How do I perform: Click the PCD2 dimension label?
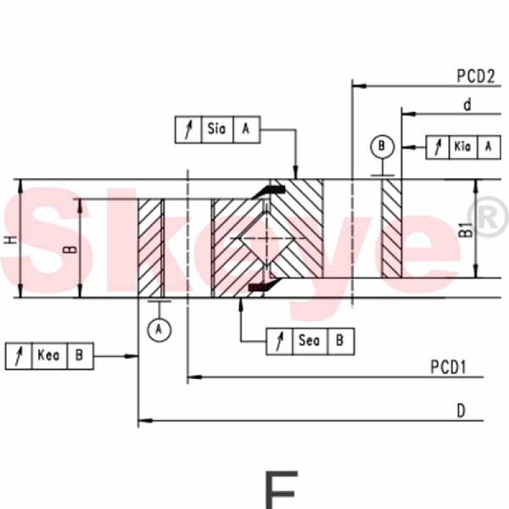pyautogui.click(x=476, y=76)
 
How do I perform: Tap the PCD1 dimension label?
pyautogui.click(x=449, y=367)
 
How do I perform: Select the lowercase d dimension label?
pyautogui.click(x=467, y=104)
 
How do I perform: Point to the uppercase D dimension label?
pyautogui.click(x=461, y=411)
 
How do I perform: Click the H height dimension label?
pyautogui.click(x=12, y=240)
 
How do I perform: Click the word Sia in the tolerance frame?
pyautogui.click(x=216, y=129)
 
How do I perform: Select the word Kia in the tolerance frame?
pyautogui.click(x=463, y=147)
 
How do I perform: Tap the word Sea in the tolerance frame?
pyautogui.click(x=309, y=340)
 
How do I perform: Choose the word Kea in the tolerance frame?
pyautogui.click(x=49, y=355)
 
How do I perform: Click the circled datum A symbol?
pyautogui.click(x=159, y=330)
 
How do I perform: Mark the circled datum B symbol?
pyautogui.click(x=382, y=146)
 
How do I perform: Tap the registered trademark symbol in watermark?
pyautogui.click(x=487, y=216)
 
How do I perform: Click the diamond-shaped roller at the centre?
pyautogui.click(x=267, y=239)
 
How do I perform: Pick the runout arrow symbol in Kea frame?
pyautogui.click(x=19, y=356)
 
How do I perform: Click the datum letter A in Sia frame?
pyautogui.click(x=246, y=129)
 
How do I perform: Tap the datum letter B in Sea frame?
pyautogui.click(x=340, y=340)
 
